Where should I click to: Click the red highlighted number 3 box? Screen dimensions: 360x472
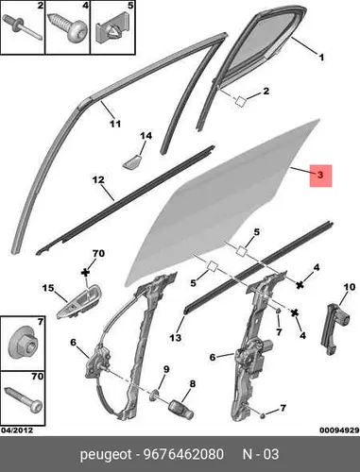(x=320, y=176)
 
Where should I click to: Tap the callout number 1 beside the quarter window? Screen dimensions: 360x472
(x=321, y=58)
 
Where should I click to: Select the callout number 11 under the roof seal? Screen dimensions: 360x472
(x=115, y=124)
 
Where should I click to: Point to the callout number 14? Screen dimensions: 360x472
(x=146, y=136)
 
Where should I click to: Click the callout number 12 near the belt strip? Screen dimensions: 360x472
(x=98, y=179)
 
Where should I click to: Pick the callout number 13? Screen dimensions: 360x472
(x=176, y=338)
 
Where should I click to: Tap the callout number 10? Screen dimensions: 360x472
(x=350, y=287)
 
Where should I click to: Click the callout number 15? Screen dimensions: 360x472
(x=48, y=288)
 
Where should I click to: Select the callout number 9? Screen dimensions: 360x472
(x=166, y=369)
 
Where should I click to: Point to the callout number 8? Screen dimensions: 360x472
(x=192, y=384)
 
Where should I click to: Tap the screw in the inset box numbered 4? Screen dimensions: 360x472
(x=68, y=27)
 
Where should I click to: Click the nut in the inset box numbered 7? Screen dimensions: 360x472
(x=22, y=344)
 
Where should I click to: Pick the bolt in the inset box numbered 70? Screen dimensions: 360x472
(x=24, y=398)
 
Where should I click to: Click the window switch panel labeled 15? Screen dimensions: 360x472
(x=78, y=302)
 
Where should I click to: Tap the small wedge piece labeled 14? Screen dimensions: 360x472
(x=131, y=161)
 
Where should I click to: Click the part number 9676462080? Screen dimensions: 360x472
(x=183, y=454)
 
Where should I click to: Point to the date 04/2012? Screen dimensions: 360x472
(x=17, y=430)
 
